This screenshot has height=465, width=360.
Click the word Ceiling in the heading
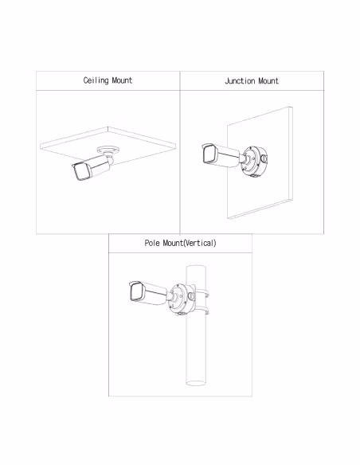click(96, 80)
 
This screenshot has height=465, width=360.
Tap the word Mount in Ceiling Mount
click(122, 80)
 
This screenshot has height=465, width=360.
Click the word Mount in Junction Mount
click(268, 81)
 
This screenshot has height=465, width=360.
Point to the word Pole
click(152, 243)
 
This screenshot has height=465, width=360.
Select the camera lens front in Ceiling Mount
click(81, 172)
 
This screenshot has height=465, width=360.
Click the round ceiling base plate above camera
click(108, 150)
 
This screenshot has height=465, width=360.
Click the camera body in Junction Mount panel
click(221, 155)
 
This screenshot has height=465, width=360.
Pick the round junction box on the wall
click(255, 161)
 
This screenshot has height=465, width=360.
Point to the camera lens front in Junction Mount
click(209, 154)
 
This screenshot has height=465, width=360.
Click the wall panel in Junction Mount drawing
click(260, 163)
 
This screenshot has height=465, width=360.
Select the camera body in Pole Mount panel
click(148, 292)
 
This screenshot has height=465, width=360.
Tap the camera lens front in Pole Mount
click(136, 291)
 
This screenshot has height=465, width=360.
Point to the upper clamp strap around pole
click(202, 293)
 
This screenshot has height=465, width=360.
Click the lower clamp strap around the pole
click(202, 311)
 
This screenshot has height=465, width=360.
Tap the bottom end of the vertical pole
click(196, 383)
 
